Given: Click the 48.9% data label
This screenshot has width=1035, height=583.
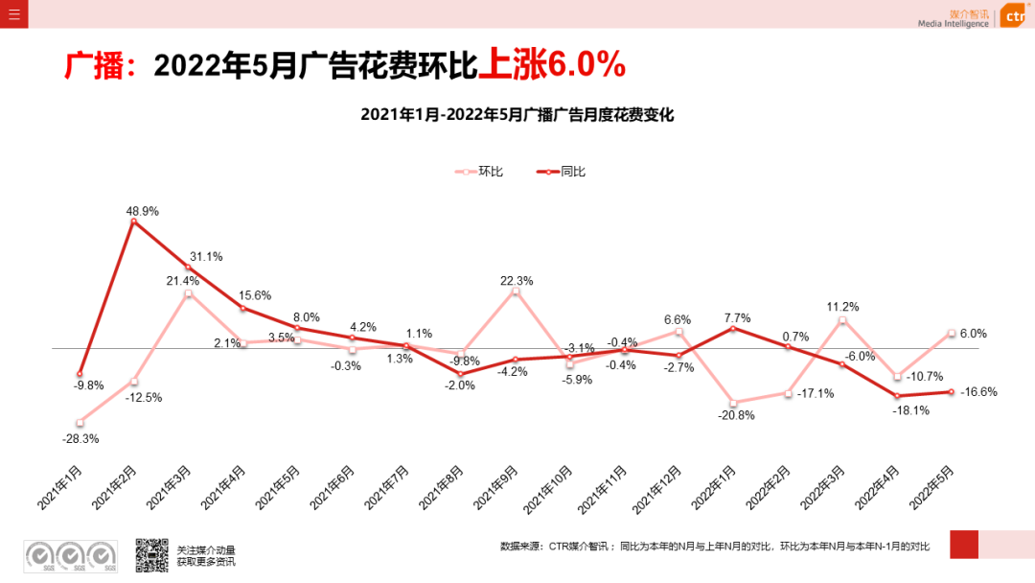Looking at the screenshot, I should tap(142, 211).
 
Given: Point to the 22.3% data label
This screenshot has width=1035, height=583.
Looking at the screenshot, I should tap(517, 281).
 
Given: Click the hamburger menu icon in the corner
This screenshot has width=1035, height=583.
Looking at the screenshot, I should tap(13, 13).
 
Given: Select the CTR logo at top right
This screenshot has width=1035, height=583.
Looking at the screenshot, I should tap(1012, 16).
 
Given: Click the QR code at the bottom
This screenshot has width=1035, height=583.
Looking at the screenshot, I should tap(151, 555).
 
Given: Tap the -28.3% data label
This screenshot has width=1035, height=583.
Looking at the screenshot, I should tap(80, 438).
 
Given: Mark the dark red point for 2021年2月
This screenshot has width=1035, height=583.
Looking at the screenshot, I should tap(133, 222).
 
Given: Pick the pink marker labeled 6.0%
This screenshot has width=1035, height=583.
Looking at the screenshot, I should tap(952, 334).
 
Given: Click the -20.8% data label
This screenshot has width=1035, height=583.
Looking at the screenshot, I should tap(736, 415).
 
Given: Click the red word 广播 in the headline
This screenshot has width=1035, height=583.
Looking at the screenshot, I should tap(95, 65).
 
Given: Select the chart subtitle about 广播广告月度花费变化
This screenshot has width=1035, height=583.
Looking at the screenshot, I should tap(517, 115).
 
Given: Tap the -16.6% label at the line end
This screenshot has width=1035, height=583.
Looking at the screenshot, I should tap(978, 391).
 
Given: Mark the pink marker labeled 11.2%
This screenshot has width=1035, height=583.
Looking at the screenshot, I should tap(843, 320).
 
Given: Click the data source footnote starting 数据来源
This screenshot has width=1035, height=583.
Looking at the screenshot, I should tap(714, 547).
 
